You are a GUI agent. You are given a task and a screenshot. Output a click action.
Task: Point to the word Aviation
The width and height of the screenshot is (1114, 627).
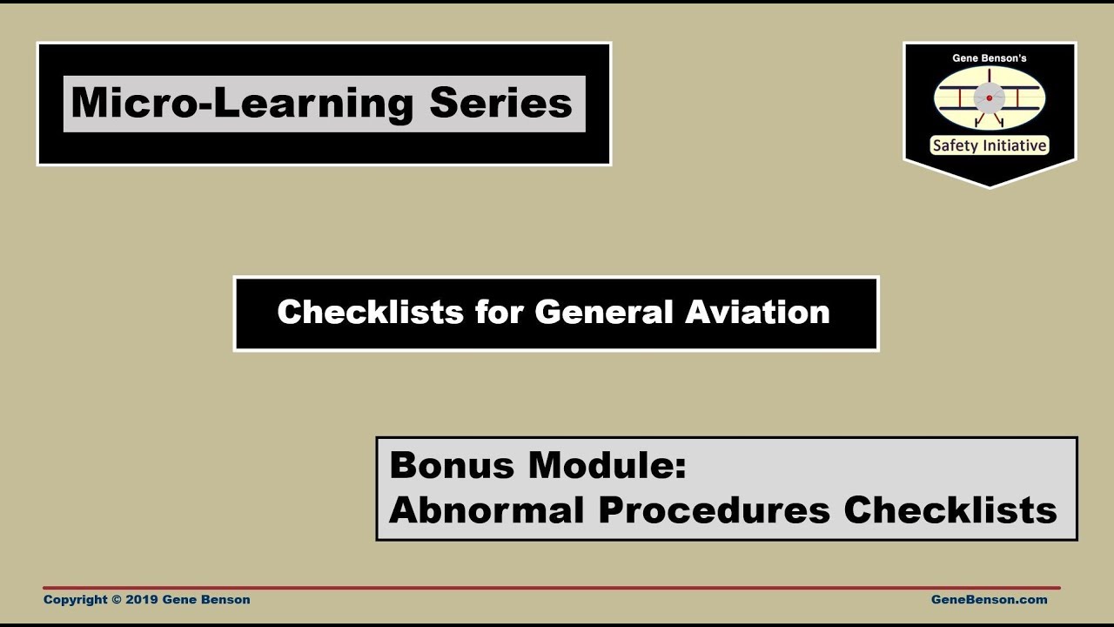click(757, 312)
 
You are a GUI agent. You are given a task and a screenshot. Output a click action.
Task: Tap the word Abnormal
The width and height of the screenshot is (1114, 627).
click(487, 510)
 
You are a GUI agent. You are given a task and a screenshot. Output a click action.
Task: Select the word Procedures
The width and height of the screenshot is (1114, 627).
click(714, 510)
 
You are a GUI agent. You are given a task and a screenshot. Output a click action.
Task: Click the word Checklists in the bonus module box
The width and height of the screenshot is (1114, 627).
click(950, 510)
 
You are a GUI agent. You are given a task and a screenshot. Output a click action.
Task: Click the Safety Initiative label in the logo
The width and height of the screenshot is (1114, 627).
click(990, 146)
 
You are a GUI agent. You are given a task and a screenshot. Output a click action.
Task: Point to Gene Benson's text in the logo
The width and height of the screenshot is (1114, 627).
click(990, 58)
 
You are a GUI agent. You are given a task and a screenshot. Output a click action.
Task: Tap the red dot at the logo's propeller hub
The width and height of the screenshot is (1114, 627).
click(990, 98)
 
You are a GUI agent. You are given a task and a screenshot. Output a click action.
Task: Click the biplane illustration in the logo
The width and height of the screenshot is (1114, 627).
click(990, 98)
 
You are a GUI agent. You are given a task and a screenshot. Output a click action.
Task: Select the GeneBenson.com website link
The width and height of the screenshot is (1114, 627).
click(989, 599)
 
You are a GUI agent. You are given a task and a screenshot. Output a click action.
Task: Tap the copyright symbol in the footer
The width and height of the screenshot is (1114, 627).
click(117, 599)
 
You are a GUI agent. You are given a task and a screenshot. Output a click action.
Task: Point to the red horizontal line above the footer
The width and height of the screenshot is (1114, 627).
click(552, 588)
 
